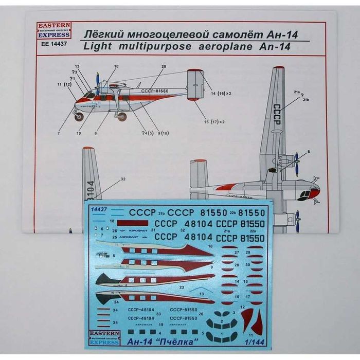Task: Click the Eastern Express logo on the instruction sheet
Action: tap(53, 30)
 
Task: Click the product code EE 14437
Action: tap(53, 44)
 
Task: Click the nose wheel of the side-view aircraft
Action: tap(80, 117)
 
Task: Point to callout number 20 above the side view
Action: tap(164, 66)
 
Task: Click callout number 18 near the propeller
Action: tap(116, 66)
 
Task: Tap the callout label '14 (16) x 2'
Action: tap(223, 94)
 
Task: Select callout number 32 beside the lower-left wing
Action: tap(123, 179)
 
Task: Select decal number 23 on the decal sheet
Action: tap(182, 287)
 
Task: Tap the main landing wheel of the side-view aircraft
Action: tap(122, 117)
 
